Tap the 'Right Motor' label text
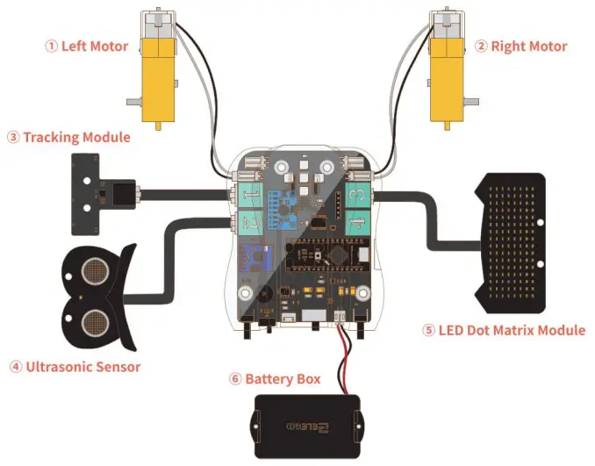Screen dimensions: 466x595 coord(520,47)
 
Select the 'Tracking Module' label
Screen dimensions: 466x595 coord(69,137)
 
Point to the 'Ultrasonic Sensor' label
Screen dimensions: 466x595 coord(75,367)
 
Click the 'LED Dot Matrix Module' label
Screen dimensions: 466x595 coord(504,330)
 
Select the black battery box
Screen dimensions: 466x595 coord(306,426)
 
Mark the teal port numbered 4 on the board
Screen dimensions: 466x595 coord(355,225)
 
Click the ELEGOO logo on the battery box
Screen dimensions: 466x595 coord(306,427)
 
